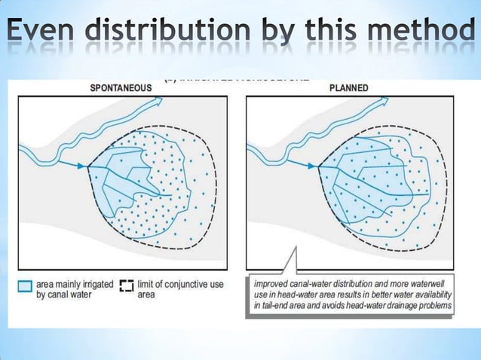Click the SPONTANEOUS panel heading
coord(121,87)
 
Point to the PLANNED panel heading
coord(349,87)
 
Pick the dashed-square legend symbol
coord(126,286)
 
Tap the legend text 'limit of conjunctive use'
coord(173,285)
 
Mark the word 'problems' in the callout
coord(434,306)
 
